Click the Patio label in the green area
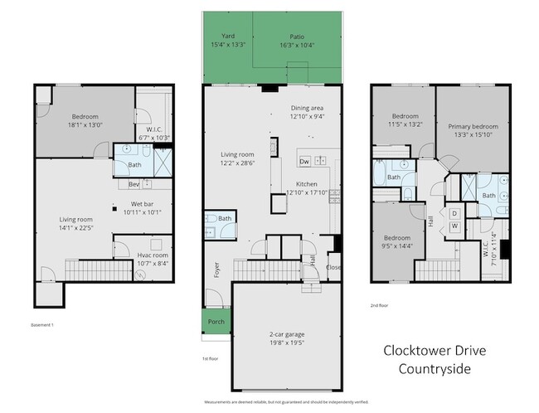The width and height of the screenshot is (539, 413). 297,36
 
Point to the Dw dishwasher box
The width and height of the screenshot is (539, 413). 304,161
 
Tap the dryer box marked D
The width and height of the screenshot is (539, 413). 455,212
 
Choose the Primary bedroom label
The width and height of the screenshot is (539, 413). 470,128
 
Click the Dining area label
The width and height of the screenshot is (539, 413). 308,109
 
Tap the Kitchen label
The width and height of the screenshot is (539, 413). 308,184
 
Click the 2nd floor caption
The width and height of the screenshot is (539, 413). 381,304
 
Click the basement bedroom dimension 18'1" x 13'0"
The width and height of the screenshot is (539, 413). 85,125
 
